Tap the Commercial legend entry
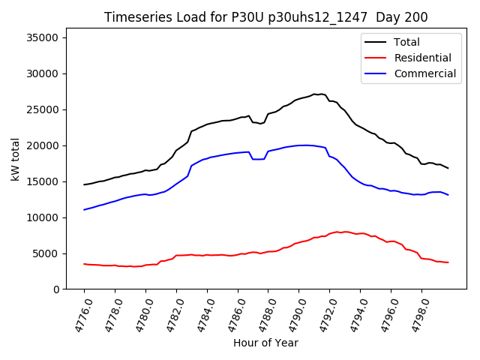[424, 73]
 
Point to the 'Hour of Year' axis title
[265, 343]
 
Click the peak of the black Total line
[314, 94]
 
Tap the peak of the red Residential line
[337, 232]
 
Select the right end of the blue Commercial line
[448, 195]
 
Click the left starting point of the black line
[84, 184]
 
